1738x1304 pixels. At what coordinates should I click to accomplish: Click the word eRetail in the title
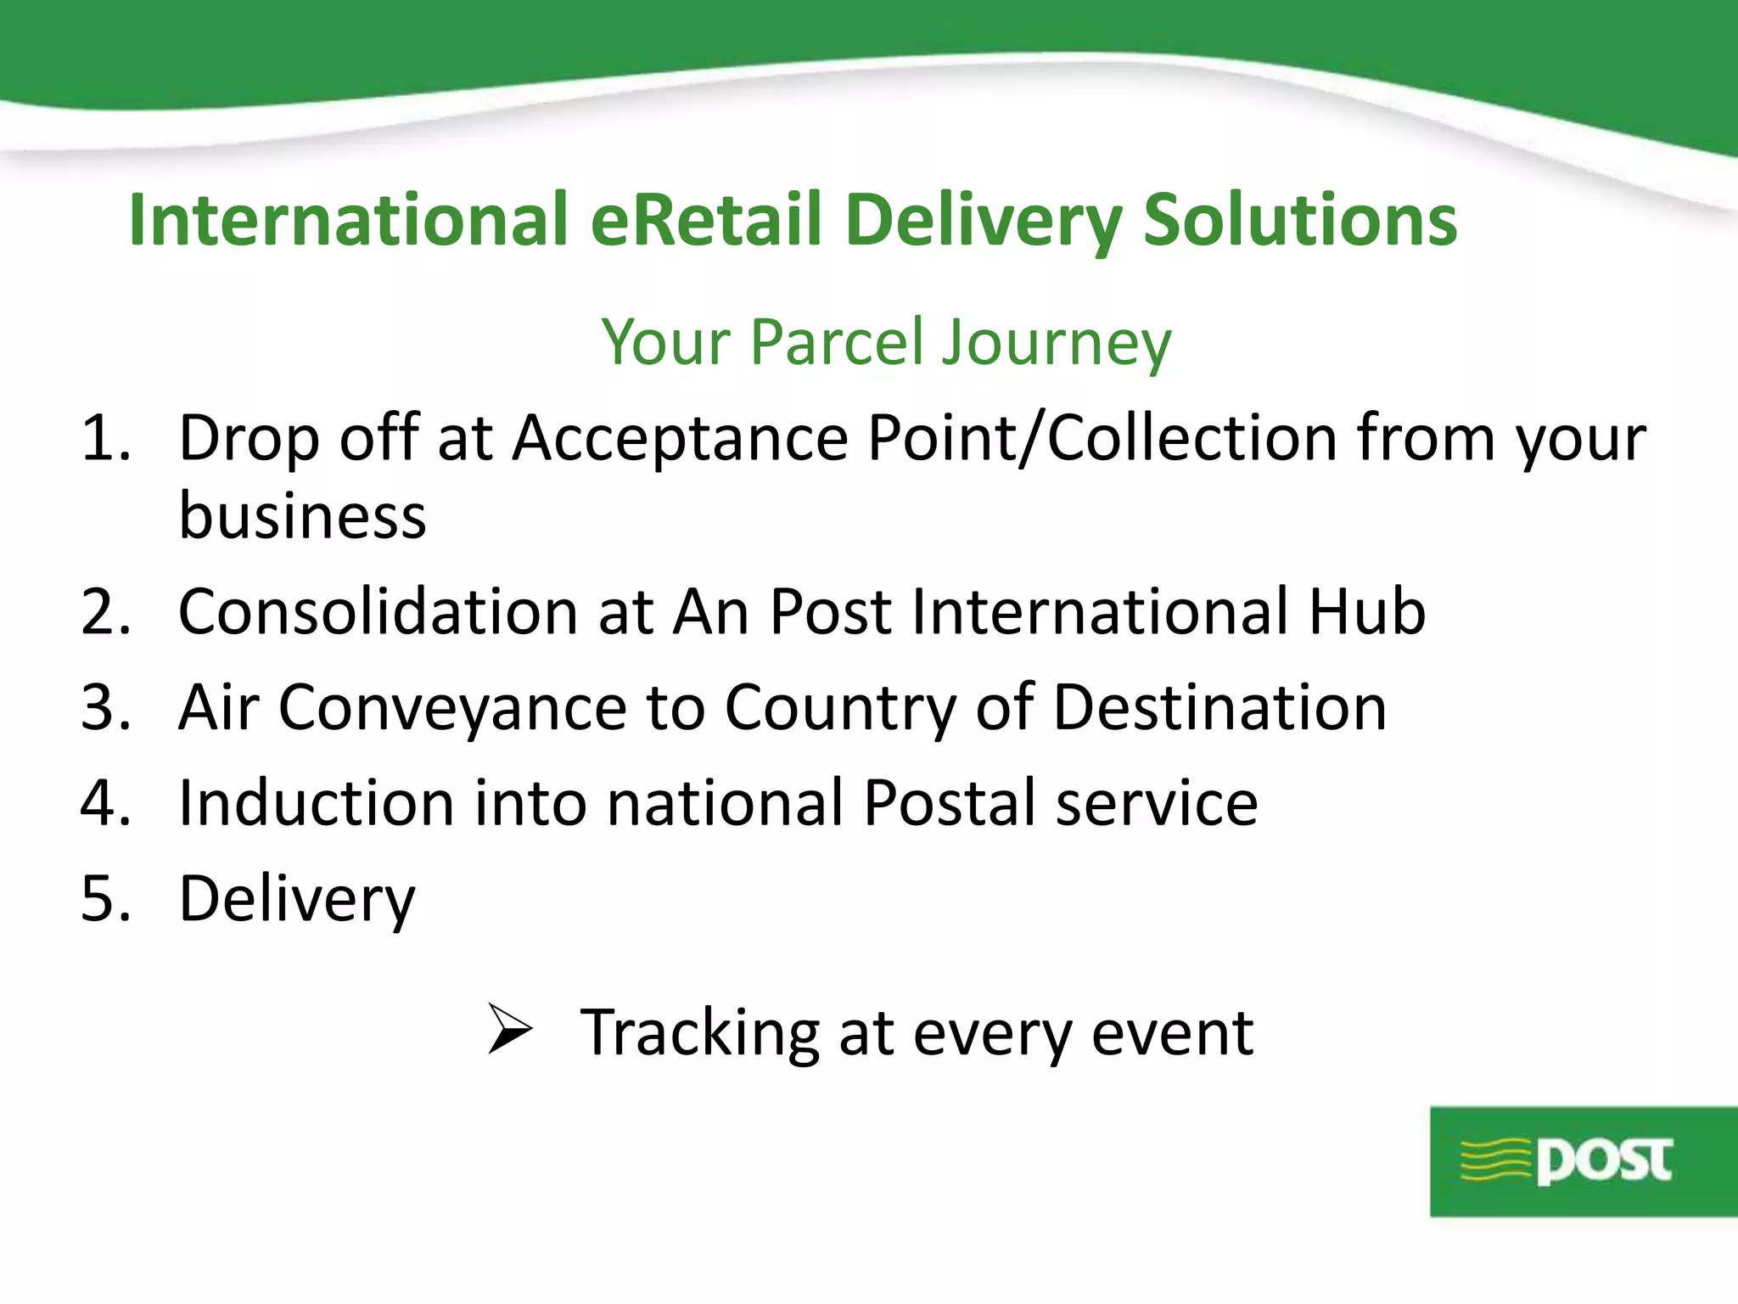tap(706, 220)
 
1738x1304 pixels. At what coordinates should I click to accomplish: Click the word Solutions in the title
tap(1300, 220)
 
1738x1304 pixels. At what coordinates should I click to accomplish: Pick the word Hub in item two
tap(1366, 611)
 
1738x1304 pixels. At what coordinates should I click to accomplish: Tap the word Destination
tap(1219, 707)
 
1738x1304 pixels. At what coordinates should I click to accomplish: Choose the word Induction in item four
tap(316, 803)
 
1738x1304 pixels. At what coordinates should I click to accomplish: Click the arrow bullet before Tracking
tap(509, 1029)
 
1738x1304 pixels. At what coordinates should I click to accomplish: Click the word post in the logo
tap(1604, 1161)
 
